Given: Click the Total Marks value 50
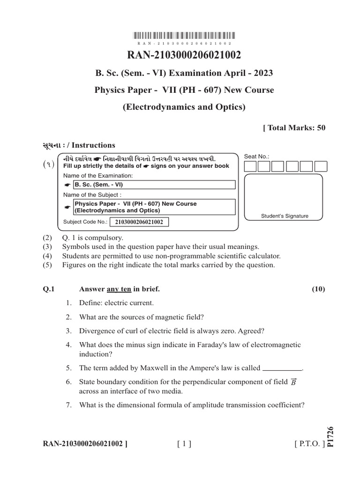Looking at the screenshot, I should coord(321,127).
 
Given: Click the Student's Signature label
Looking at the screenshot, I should coord(285,216).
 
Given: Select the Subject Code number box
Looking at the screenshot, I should coord(139,222).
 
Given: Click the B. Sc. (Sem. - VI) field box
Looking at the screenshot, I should coord(154,184).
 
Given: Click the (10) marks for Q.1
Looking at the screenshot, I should coord(318,289).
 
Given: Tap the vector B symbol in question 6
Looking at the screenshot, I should coord(293,382).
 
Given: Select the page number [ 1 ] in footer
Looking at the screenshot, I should coord(184,443).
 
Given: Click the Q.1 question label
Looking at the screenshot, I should coord(49,289).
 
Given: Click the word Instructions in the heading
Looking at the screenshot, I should coord(93,145).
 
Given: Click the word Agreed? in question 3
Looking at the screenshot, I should coord(251,331).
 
